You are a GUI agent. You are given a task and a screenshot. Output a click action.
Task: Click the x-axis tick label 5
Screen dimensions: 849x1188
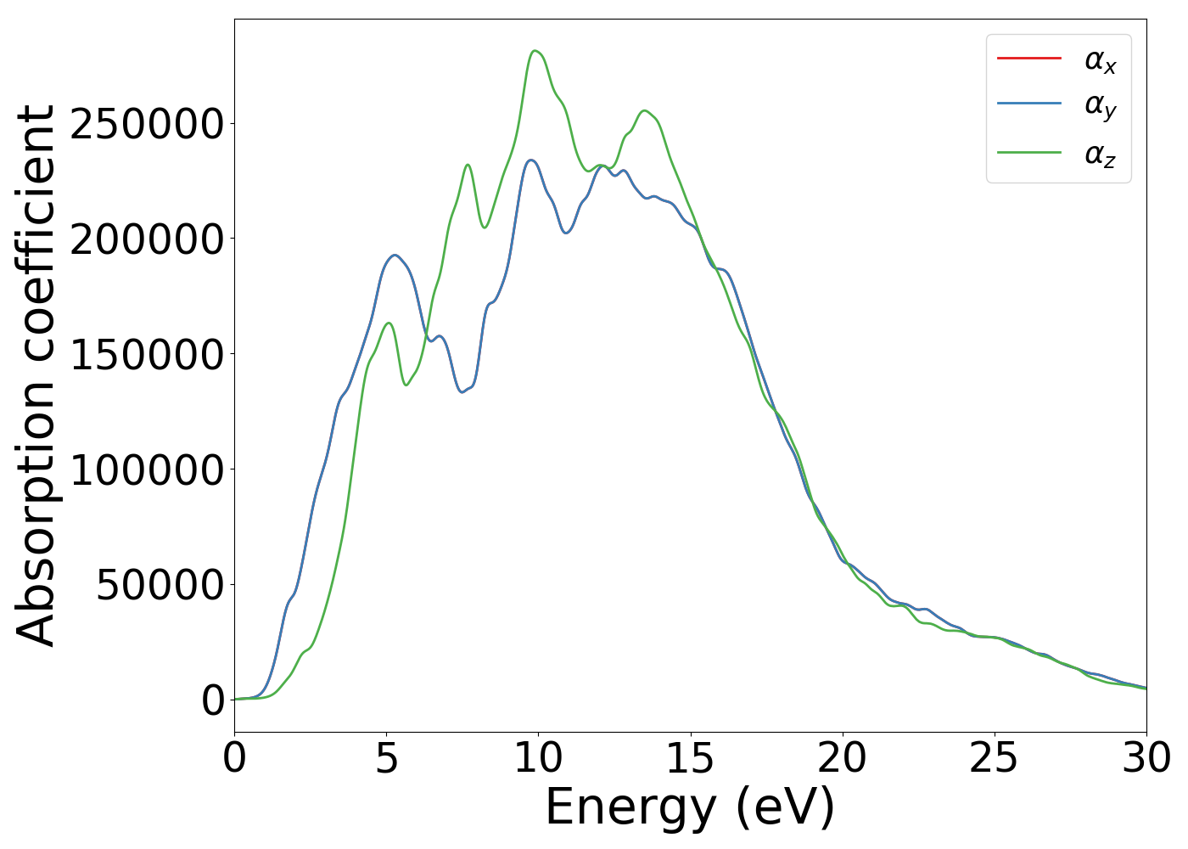tap(386, 758)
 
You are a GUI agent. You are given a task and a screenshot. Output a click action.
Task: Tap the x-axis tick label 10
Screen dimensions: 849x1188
tap(538, 758)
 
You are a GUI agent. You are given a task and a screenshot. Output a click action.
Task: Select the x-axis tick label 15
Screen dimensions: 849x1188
tap(690, 758)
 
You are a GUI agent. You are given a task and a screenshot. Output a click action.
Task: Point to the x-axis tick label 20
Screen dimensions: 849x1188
tap(842, 758)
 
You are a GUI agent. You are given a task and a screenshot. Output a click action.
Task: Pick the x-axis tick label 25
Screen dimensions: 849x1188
tap(994, 758)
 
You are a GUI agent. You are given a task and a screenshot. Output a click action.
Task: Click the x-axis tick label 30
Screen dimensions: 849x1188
tap(1146, 758)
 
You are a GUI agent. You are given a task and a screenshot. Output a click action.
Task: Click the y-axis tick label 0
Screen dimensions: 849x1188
tap(213, 700)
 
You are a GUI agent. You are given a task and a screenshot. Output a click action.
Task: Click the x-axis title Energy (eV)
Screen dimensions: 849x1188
tap(690, 807)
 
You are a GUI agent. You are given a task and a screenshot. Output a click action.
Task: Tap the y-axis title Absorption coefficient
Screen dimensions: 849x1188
tap(36, 375)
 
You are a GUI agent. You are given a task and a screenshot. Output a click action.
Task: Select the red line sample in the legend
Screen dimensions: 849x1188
tap(1028, 58)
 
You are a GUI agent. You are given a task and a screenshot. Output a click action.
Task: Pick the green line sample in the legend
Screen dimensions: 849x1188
tap(1028, 152)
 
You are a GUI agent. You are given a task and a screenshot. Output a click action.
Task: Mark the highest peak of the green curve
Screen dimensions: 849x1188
tap(535, 51)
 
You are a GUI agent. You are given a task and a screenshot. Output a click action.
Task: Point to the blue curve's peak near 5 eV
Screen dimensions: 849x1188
tap(395, 255)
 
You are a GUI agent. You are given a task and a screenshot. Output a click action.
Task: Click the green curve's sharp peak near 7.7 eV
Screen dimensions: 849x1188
tap(468, 165)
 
